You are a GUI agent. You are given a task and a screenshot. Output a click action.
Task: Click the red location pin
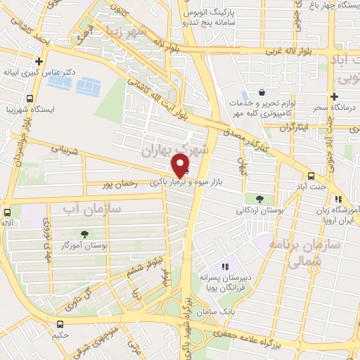point(181,166)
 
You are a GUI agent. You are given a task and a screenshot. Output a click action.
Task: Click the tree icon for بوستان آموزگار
point(85,233)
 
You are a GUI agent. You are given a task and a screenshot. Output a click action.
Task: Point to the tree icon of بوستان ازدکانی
point(260,198)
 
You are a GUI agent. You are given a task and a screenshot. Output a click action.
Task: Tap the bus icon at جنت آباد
point(310,176)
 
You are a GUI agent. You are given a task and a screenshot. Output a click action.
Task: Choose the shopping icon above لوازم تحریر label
point(262,91)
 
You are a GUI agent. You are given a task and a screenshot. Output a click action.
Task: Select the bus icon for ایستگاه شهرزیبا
point(30,99)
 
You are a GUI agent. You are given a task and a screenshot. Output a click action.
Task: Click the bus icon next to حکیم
point(60,324)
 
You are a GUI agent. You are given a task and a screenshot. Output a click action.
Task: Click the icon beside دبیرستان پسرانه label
point(224,266)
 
